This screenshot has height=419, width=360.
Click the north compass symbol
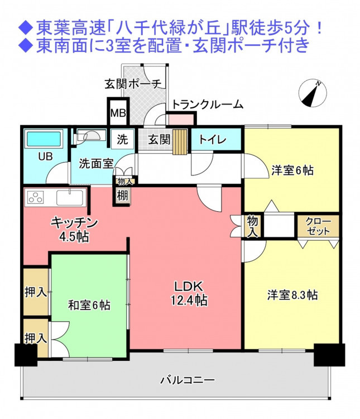tap(313, 93)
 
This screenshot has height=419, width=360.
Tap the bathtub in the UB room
tap(44, 139)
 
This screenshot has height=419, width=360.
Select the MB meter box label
tap(118, 113)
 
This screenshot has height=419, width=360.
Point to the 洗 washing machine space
tap(122, 139)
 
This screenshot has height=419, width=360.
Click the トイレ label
tap(213, 140)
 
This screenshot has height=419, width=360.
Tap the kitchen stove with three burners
tap(36, 198)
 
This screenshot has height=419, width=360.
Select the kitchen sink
tap(70, 197)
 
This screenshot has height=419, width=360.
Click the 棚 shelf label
tap(123, 196)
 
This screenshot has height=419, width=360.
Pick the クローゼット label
tap(319, 226)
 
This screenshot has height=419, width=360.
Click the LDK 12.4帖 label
tap(189, 293)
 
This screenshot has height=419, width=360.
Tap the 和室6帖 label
tap(89, 305)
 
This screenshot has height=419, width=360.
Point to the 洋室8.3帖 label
tap(292, 296)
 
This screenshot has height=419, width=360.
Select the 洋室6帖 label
tap(292, 170)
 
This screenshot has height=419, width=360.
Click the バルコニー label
tap(187, 380)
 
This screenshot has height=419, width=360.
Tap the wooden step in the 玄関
tap(180, 142)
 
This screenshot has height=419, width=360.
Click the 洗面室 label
tap(96, 164)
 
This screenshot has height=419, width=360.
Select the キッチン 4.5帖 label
tap(74, 229)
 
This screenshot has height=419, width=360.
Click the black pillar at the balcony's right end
tap(329, 355)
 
